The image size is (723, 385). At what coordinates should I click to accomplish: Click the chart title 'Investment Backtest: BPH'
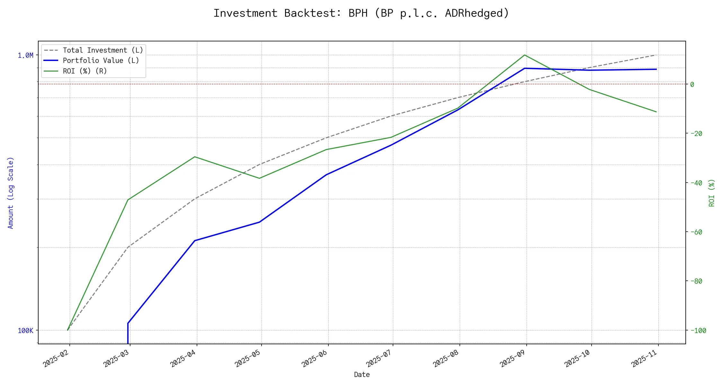361,13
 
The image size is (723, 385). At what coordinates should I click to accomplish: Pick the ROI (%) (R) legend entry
85,71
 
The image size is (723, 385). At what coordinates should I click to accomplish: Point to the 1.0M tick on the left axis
25,56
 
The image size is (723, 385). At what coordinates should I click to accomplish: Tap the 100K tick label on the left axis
25,330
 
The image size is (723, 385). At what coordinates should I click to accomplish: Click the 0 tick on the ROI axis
692,84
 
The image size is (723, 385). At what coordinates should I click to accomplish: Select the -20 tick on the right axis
696,133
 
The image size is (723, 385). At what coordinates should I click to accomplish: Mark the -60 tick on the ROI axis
696,232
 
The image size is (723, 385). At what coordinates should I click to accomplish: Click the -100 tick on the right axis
698,330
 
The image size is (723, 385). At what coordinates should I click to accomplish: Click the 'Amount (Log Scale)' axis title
11,193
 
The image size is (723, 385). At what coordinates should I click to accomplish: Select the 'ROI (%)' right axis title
712,193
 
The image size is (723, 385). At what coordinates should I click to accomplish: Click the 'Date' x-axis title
362,375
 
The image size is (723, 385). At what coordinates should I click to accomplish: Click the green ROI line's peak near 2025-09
525,55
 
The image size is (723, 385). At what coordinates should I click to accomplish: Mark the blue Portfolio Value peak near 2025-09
525,68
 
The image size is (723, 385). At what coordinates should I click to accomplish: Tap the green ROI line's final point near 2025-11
656,112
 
